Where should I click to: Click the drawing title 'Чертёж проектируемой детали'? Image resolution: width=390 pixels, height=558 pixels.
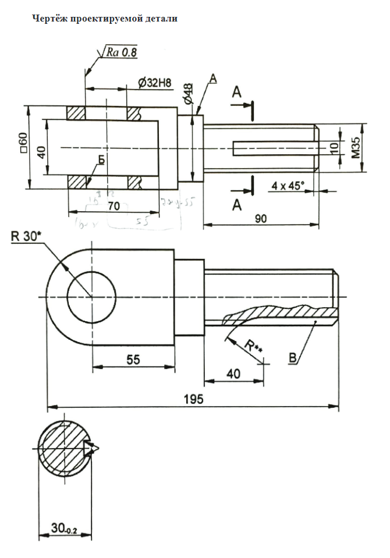tap(104, 19)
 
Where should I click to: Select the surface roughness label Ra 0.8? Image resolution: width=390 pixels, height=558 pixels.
tap(121, 53)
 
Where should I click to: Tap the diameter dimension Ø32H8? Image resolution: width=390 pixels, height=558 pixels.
tap(155, 83)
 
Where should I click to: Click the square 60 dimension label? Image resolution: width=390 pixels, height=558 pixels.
tap(23, 143)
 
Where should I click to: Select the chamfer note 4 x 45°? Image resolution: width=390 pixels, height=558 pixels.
tap(288, 186)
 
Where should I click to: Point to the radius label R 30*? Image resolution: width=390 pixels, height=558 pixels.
tap(25, 236)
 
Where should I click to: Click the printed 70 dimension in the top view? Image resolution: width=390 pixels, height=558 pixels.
tap(114, 205)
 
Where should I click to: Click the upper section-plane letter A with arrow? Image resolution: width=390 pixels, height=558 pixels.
tap(236, 93)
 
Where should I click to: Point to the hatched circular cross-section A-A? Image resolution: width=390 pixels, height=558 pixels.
tap(63, 449)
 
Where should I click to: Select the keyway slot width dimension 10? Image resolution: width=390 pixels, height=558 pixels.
tap(334, 147)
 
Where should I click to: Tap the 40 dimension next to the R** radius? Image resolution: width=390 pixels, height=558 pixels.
tap(233, 374)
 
